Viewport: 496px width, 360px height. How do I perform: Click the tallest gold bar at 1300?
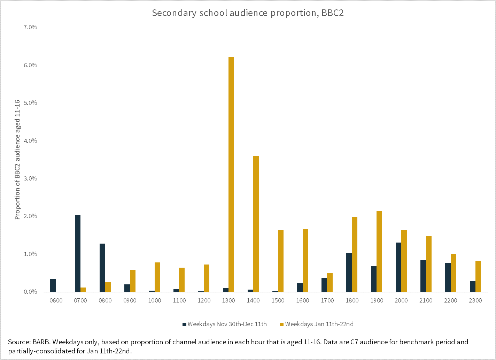231,174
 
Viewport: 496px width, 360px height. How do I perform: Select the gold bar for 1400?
256,224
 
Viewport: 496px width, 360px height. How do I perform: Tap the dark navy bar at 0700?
78,253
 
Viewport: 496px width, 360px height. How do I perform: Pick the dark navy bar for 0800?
102,268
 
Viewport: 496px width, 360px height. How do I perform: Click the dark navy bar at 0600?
53,285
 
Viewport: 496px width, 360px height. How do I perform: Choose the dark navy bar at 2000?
398,267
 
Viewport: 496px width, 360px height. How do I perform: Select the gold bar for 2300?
478,276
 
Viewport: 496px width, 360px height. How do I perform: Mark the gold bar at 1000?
157,277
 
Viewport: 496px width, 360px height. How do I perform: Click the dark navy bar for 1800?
349,272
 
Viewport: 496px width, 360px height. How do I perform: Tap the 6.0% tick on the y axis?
30,65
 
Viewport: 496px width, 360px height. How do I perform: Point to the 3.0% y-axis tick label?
30,178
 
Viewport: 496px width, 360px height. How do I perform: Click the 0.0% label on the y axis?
30,292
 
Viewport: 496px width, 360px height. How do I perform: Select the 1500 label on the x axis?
278,300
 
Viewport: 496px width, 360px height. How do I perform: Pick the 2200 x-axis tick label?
451,300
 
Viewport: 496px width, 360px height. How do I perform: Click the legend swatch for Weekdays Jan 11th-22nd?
282,324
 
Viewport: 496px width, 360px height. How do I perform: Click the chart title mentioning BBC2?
248,13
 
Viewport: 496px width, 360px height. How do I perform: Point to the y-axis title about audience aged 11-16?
17,160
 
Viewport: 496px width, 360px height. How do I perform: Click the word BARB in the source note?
41,342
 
